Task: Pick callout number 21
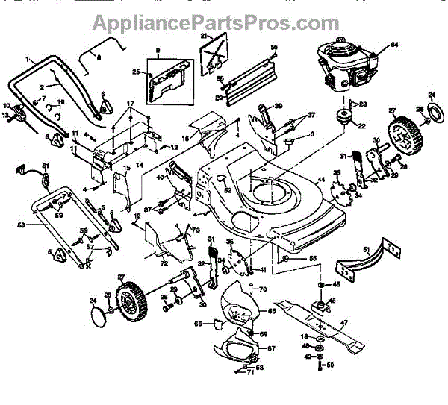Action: [203, 36]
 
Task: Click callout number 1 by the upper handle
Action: [28, 57]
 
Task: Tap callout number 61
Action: [45, 166]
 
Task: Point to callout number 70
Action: [262, 288]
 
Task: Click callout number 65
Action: [272, 312]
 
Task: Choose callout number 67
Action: [271, 349]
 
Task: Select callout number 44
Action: [321, 181]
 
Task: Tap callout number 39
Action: [278, 107]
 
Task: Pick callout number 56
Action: [274, 47]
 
